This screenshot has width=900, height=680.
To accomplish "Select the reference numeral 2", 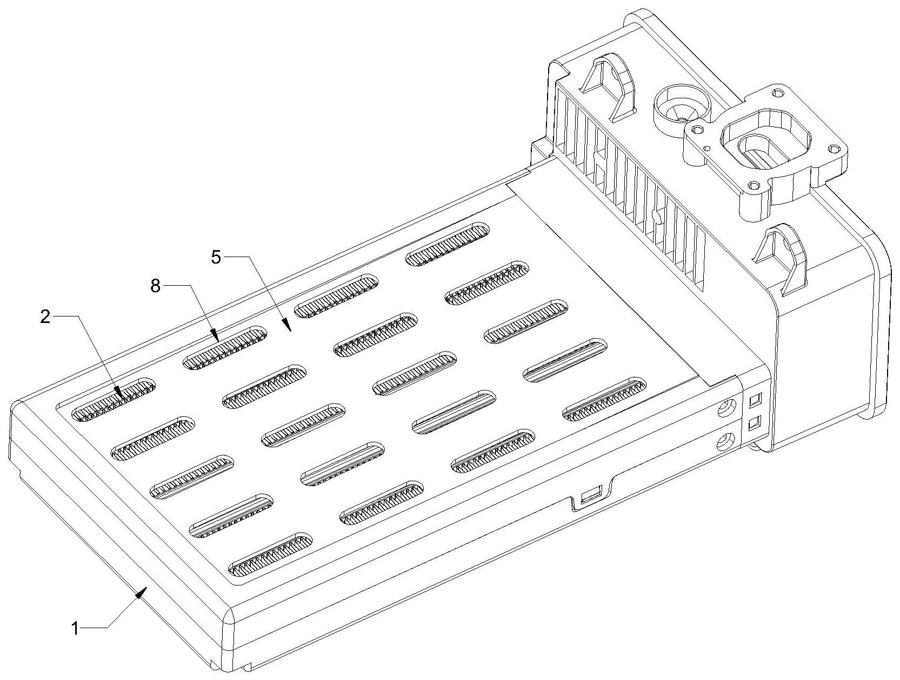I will [45, 317].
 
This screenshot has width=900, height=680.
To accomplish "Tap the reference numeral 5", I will [216, 257].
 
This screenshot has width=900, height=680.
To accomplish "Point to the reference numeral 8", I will [155, 286].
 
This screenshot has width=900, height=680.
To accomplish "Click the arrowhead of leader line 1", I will [142, 591].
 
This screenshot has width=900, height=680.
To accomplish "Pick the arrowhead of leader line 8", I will [215, 339].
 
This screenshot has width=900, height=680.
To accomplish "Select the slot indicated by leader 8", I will [225, 348].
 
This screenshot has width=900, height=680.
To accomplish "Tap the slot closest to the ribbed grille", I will [448, 244].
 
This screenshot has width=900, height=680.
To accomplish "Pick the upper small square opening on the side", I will [755, 400].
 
